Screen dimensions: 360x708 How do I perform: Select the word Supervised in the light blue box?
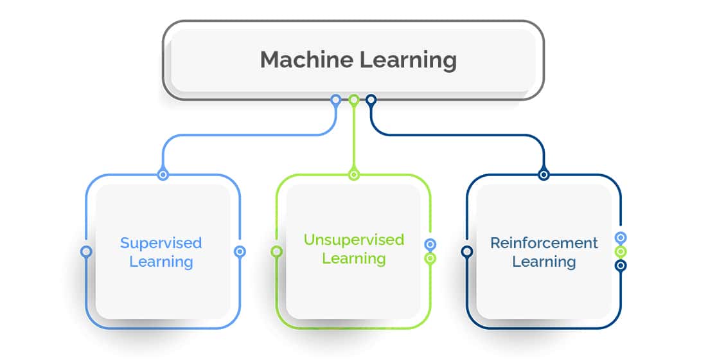pos(161,243)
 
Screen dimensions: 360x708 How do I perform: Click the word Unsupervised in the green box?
pos(353,240)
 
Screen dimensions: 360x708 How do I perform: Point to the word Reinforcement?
pos(544,243)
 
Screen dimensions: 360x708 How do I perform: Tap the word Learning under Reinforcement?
pos(544,262)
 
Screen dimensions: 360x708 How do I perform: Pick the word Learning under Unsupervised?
pos(353,259)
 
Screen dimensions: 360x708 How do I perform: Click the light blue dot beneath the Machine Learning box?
pos(335,100)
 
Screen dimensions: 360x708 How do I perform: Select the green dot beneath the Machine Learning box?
pos(353,100)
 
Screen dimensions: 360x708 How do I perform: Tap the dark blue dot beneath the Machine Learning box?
pos(371,100)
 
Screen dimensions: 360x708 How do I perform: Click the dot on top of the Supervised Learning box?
pos(163,174)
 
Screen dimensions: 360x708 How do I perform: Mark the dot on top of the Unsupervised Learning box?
pos(353,174)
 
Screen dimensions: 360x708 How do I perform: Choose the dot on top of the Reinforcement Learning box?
pos(544,174)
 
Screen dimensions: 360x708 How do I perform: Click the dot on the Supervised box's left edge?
pos(86,251)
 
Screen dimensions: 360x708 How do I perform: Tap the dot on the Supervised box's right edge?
pos(240,251)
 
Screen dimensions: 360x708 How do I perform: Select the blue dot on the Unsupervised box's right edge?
pos(430,244)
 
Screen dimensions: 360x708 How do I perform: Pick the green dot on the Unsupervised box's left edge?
pos(276,251)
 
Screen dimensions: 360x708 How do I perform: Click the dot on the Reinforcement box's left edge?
pos(467,251)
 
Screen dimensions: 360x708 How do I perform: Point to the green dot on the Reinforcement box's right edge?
pos(620,251)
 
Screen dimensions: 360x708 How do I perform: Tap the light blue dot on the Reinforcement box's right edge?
pos(620,238)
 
